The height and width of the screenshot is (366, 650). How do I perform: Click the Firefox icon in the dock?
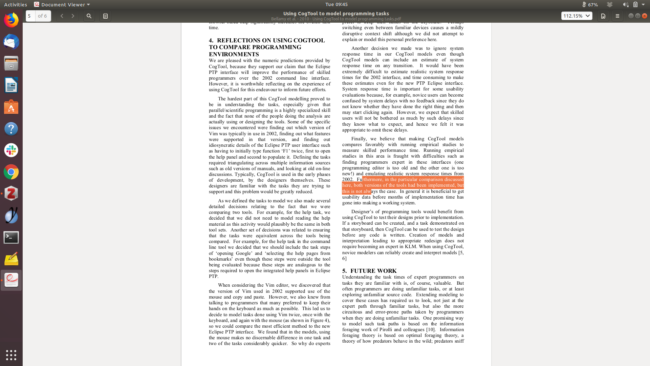click(x=11, y=20)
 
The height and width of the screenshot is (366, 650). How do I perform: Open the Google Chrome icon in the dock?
click(x=11, y=172)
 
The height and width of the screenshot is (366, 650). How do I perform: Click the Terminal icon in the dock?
click(x=11, y=237)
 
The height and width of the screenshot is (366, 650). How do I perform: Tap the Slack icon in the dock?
click(x=11, y=150)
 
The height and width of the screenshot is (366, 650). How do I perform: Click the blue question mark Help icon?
click(x=11, y=129)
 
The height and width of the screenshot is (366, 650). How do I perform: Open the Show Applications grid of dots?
click(x=11, y=355)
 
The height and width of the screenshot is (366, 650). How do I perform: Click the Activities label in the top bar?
click(x=16, y=4)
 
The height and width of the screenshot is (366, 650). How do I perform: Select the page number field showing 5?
click(x=30, y=16)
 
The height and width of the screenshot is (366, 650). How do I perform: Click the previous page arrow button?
click(x=62, y=16)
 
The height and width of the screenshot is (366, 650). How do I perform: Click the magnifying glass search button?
click(x=89, y=16)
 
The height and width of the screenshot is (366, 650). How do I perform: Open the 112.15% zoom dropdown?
click(x=577, y=16)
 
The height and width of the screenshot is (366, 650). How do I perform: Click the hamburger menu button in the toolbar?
click(x=617, y=16)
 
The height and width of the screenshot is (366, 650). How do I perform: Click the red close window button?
click(x=645, y=16)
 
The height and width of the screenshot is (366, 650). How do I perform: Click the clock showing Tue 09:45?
click(x=336, y=4)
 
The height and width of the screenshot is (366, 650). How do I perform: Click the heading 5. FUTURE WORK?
click(x=369, y=271)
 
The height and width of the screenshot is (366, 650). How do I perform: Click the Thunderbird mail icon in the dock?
click(x=11, y=42)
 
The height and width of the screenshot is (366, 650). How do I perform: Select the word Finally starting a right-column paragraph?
click(x=359, y=139)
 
